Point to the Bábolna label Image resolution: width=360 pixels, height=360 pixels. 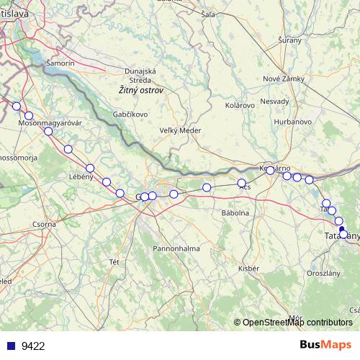coord(235,213)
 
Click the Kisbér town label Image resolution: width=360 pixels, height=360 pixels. coord(248,268)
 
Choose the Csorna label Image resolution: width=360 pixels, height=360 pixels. coord(45,225)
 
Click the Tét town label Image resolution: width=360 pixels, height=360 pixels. coord(114,261)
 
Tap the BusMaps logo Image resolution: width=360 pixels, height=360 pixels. coord(325,345)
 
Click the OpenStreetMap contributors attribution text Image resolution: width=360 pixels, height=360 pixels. coord(297,323)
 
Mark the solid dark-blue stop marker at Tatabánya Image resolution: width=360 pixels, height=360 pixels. coord(342,230)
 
